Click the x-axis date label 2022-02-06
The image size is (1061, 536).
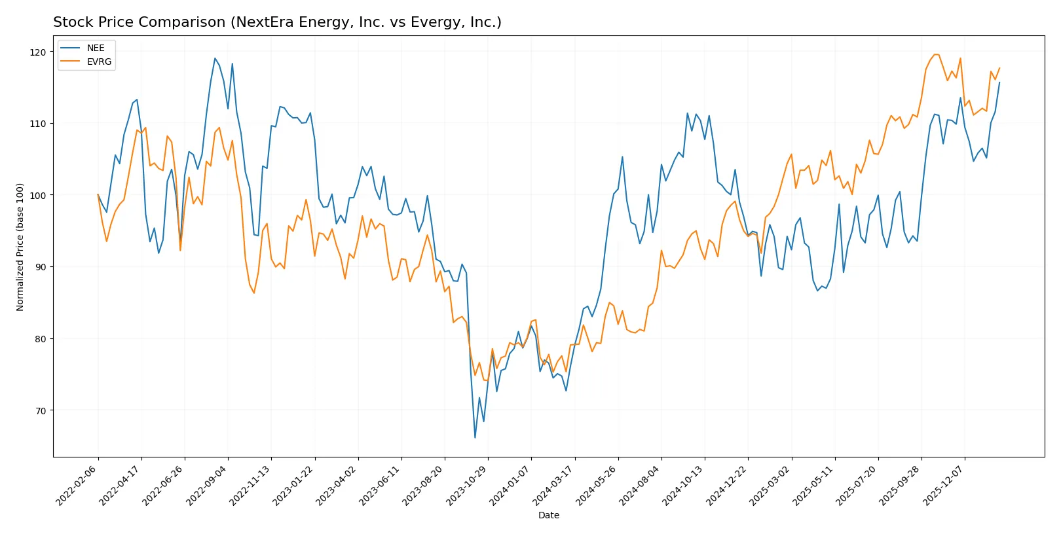coord(77,486)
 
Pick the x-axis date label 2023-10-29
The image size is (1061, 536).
coord(468,486)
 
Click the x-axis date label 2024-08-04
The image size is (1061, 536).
coord(641,486)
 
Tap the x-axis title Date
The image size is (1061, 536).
coord(548,515)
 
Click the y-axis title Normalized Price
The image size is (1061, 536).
coord(20,247)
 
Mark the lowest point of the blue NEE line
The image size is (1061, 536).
coord(475,437)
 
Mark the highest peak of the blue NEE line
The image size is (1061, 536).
coord(215,58)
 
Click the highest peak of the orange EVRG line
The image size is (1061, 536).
coord(935,54)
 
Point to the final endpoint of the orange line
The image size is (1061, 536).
coord(999,68)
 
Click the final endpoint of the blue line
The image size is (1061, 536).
coord(999,82)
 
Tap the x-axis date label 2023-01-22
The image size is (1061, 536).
coord(294,486)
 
